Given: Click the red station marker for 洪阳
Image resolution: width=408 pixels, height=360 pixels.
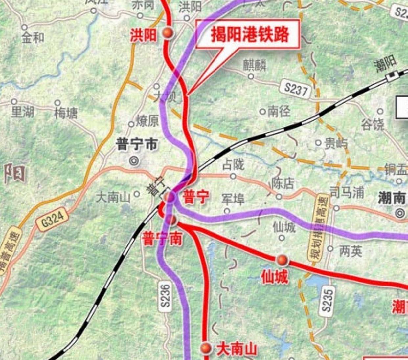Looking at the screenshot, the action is [x=168, y=32].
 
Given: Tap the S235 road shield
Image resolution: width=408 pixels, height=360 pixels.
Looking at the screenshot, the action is [x=327, y=300].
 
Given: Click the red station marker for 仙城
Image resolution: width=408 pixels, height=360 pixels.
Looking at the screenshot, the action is [x=282, y=260].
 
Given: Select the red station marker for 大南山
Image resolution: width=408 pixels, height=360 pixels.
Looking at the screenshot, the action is [x=206, y=348].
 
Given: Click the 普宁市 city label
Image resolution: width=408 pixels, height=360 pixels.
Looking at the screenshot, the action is [x=137, y=144].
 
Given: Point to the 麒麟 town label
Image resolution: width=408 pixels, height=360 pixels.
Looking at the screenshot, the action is [x=255, y=65].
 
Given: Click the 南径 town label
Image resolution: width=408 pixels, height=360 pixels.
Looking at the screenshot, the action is [x=279, y=112].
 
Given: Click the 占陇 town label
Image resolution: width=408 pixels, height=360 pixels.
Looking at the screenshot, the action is [x=233, y=164].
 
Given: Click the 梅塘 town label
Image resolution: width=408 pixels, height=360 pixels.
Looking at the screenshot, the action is [x=66, y=114].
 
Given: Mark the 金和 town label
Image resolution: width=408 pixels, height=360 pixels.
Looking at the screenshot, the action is [x=33, y=38].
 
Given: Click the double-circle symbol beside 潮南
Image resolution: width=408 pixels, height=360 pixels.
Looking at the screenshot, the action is [x=400, y=213].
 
